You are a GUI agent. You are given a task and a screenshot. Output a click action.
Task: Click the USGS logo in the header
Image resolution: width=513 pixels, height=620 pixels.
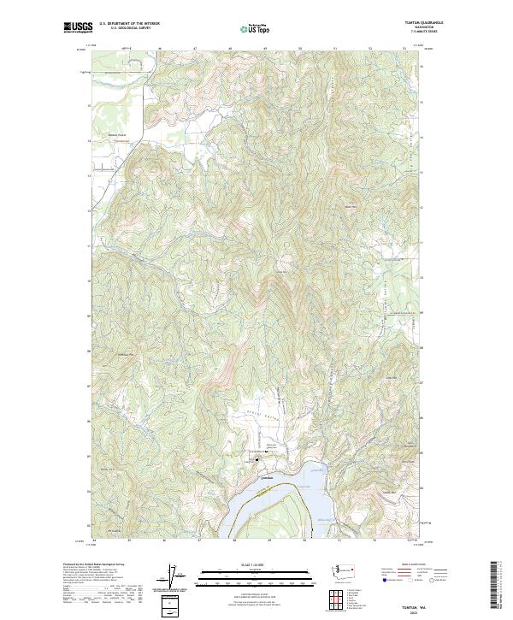77,27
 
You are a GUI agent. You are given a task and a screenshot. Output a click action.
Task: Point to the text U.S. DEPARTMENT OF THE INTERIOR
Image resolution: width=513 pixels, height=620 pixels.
130,23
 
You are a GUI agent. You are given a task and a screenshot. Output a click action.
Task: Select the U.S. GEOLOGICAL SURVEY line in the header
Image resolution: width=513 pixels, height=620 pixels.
130,28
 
